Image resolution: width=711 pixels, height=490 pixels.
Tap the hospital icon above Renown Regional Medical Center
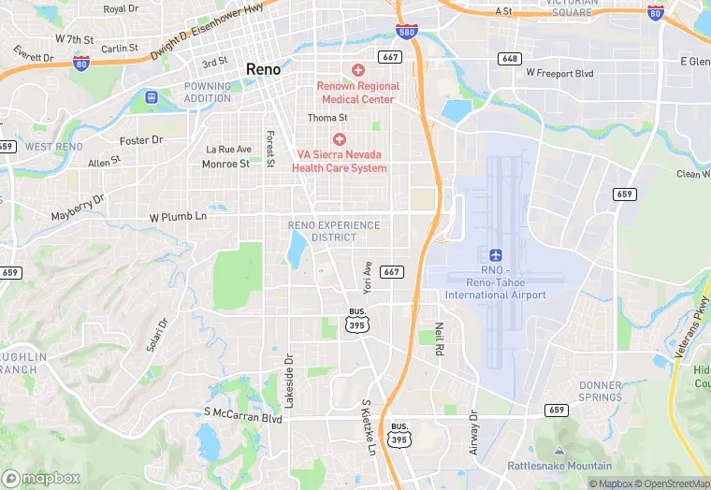point(357,70)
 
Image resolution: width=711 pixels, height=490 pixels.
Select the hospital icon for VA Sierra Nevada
point(339,138)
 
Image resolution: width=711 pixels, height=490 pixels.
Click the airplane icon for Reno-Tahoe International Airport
point(496,255)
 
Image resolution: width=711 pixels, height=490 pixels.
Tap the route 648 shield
point(510,58)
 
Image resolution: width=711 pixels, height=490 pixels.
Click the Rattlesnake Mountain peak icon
point(559,451)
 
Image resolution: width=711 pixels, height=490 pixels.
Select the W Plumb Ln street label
point(178,217)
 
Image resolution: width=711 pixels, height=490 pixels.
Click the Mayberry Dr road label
point(78,209)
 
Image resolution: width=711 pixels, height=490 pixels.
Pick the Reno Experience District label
point(334,231)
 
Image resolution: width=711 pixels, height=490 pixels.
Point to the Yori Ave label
point(368,275)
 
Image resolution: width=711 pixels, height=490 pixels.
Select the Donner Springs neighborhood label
point(601,391)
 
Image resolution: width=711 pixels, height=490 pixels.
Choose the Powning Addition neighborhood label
point(208,93)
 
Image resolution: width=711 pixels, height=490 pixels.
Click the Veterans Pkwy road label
point(693,326)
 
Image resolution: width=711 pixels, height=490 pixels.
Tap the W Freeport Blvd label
point(559,72)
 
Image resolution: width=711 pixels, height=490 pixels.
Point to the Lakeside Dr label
point(289,381)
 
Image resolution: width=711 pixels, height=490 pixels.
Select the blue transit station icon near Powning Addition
point(152,96)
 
